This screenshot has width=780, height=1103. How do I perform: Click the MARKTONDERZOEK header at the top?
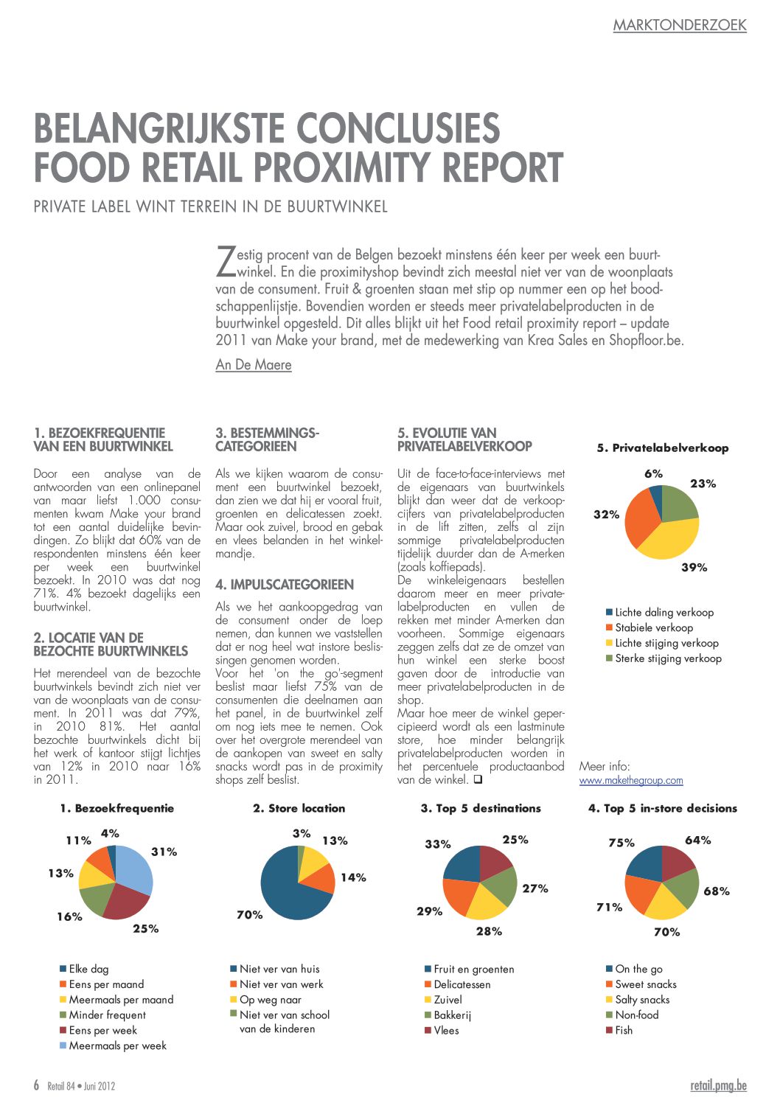pyautogui.click(x=680, y=25)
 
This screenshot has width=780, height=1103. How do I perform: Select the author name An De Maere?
pyautogui.click(x=254, y=365)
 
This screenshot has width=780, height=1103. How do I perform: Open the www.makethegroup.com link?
pyautogui.click(x=631, y=780)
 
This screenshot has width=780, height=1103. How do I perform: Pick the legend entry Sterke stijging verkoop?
pyautogui.click(x=664, y=658)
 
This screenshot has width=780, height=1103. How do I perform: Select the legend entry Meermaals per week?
pyautogui.click(x=113, y=1045)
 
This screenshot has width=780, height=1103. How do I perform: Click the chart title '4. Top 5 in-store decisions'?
pyautogui.click(x=662, y=808)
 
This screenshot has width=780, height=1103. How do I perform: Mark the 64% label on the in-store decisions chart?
pyautogui.click(x=697, y=840)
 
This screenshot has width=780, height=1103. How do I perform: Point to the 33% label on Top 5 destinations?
pyautogui.click(x=438, y=844)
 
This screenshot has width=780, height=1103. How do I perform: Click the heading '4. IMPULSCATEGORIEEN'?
pyautogui.click(x=285, y=585)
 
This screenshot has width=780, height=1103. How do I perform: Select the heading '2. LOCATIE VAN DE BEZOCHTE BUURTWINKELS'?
pyautogui.click(x=111, y=644)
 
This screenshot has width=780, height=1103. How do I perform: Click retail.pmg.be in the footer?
pyautogui.click(x=719, y=1085)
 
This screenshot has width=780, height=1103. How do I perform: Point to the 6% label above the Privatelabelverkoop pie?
pyautogui.click(x=653, y=473)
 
